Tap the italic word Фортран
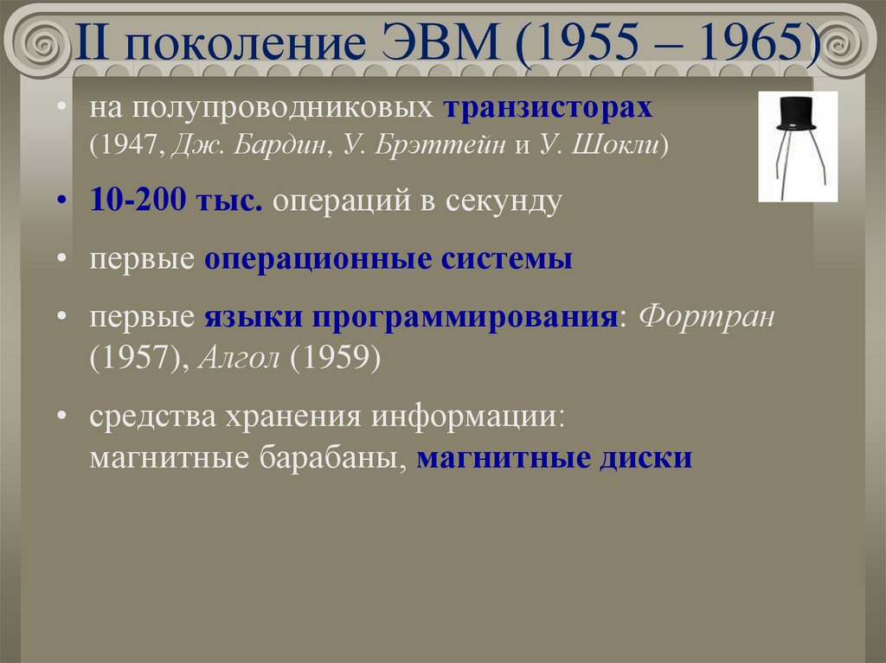708,317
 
